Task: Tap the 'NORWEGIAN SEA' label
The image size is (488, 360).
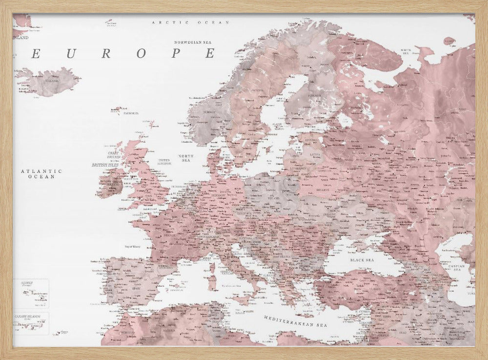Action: [195, 42]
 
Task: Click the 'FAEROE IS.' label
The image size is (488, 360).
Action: [130, 113]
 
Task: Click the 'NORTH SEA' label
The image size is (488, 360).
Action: [186, 158]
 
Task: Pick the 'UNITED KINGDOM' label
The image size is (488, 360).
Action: [164, 162]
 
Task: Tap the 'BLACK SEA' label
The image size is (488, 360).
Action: [362, 260]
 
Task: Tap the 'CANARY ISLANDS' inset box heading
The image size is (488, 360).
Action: [28, 316]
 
